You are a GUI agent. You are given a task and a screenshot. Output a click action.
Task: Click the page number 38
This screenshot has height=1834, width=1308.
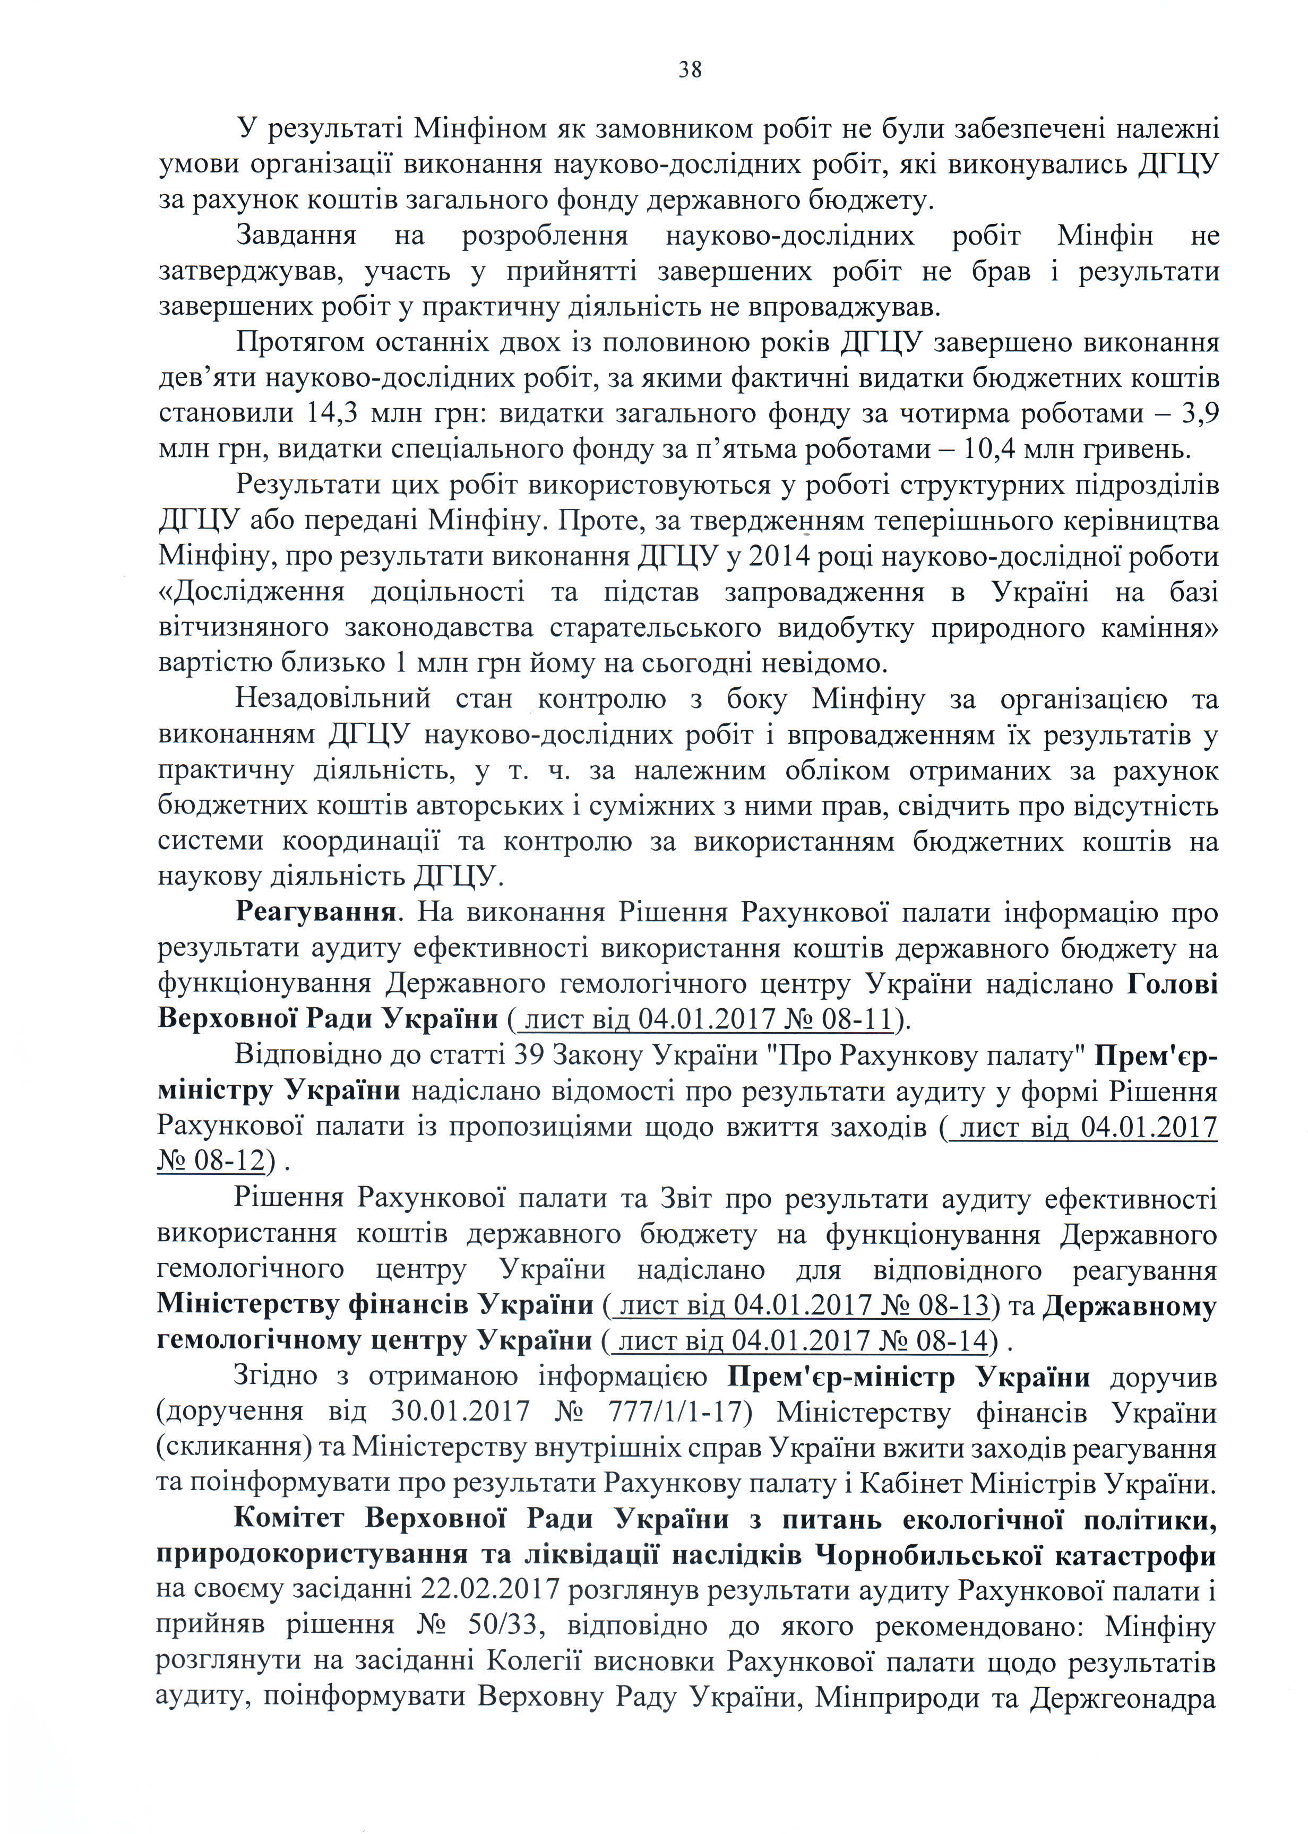pos(690,70)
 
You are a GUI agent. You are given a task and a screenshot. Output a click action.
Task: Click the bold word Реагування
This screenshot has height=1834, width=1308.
pos(315,912)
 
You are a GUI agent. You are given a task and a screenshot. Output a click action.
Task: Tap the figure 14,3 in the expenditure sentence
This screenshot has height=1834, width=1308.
pos(332,414)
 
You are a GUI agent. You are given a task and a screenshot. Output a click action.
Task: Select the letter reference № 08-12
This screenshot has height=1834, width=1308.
pos(211,1161)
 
